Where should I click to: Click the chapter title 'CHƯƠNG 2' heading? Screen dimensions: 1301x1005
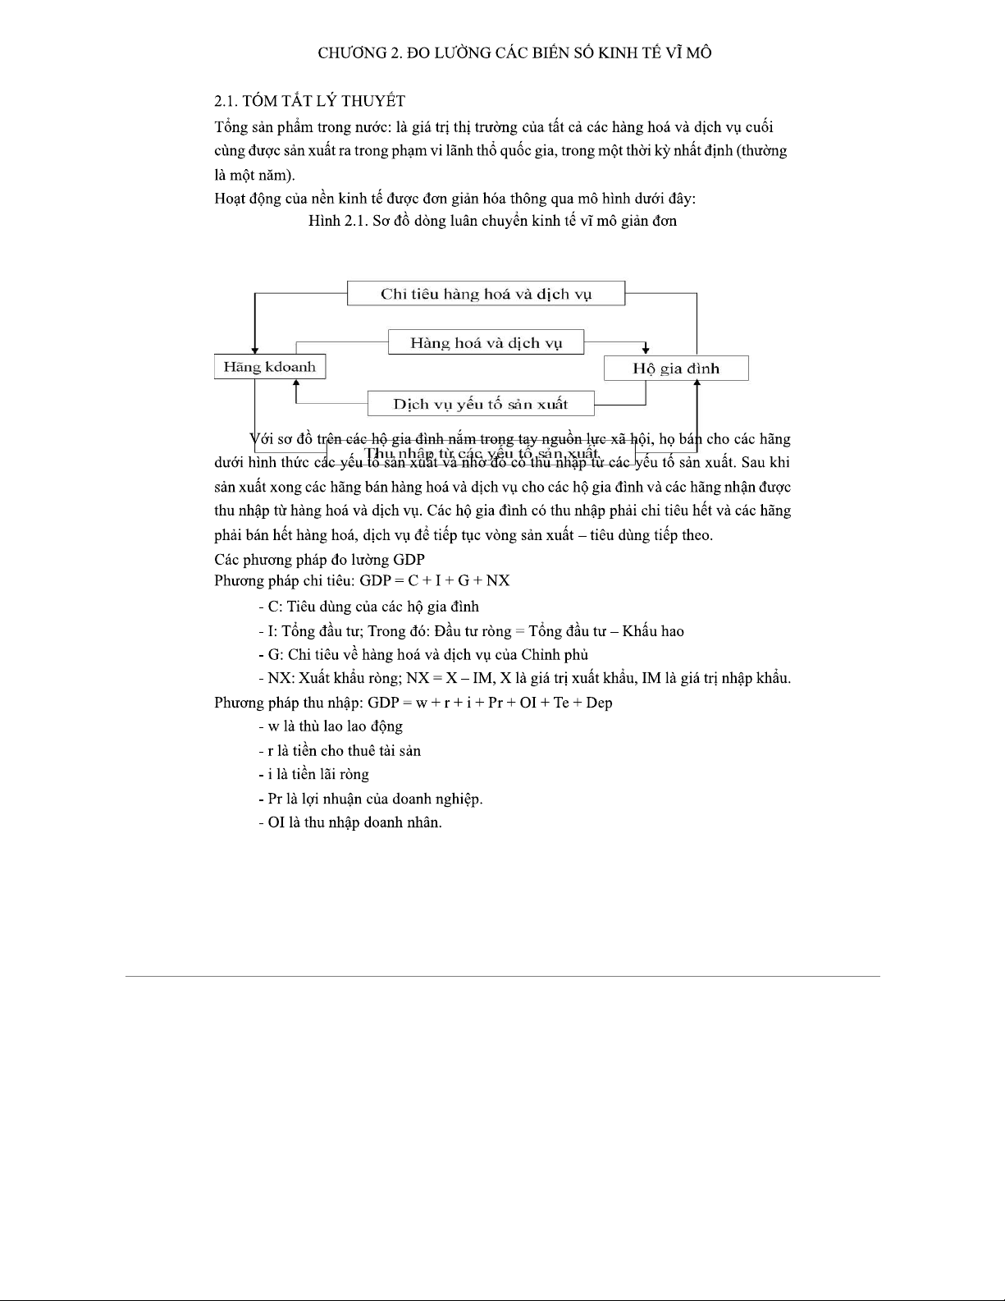click(514, 53)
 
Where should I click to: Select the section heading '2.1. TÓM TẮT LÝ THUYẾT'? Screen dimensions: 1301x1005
click(309, 101)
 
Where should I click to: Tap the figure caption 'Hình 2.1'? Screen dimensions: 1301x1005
click(492, 221)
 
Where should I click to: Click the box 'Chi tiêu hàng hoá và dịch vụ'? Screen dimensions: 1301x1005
click(486, 294)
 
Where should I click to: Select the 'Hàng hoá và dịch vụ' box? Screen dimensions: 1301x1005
click(486, 343)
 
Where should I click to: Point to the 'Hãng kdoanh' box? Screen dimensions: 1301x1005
click(269, 367)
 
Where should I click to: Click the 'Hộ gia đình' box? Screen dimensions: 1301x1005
click(675, 369)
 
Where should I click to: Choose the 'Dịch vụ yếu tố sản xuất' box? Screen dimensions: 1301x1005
click(480, 404)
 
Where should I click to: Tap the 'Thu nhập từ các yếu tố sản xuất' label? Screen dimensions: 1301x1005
click(482, 453)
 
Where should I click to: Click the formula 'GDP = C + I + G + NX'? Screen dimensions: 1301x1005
click(435, 581)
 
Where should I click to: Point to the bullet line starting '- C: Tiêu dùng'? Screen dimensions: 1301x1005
click(368, 607)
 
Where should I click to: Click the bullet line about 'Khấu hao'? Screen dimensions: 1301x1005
click(470, 631)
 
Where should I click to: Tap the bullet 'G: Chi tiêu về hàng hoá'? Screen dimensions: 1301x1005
click(423, 655)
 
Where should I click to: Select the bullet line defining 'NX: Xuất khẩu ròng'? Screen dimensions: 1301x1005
click(523, 679)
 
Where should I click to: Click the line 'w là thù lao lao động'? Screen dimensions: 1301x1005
click(330, 726)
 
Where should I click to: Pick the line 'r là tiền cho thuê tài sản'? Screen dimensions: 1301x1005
click(339, 750)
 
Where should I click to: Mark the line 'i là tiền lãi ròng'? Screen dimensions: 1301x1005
click(313, 774)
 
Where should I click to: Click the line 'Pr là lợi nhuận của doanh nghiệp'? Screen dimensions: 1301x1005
click(370, 799)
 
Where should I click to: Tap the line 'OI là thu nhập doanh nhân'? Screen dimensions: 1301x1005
click(349, 822)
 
